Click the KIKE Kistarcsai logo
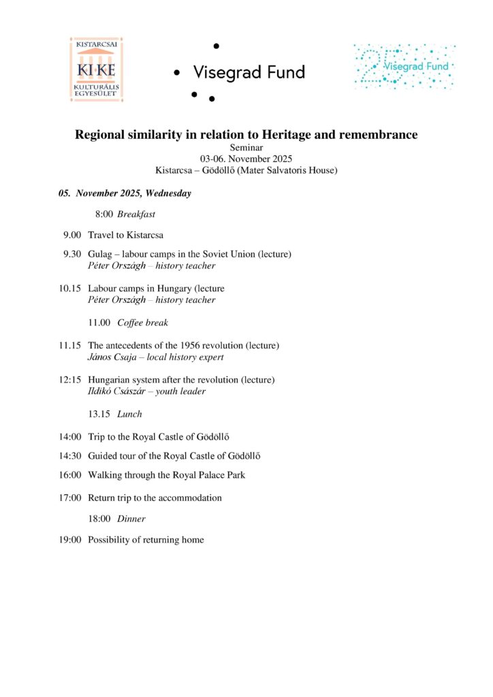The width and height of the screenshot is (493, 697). click(x=96, y=71)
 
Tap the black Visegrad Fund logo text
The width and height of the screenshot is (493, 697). click(x=249, y=72)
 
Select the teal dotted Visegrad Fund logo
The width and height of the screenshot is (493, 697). click(x=404, y=67)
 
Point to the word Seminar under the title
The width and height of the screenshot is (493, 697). click(x=246, y=147)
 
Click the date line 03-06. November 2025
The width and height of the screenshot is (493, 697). click(x=246, y=159)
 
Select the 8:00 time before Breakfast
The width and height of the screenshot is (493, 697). click(x=104, y=214)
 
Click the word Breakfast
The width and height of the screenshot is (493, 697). click(x=136, y=214)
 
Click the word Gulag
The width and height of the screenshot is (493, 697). click(x=100, y=255)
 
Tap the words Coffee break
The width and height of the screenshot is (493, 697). click(x=142, y=323)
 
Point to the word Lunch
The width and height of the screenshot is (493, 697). click(x=129, y=414)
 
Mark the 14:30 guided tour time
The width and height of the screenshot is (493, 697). click(x=71, y=456)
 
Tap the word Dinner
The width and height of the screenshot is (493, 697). click(x=131, y=519)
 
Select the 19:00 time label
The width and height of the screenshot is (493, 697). click(x=71, y=540)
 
